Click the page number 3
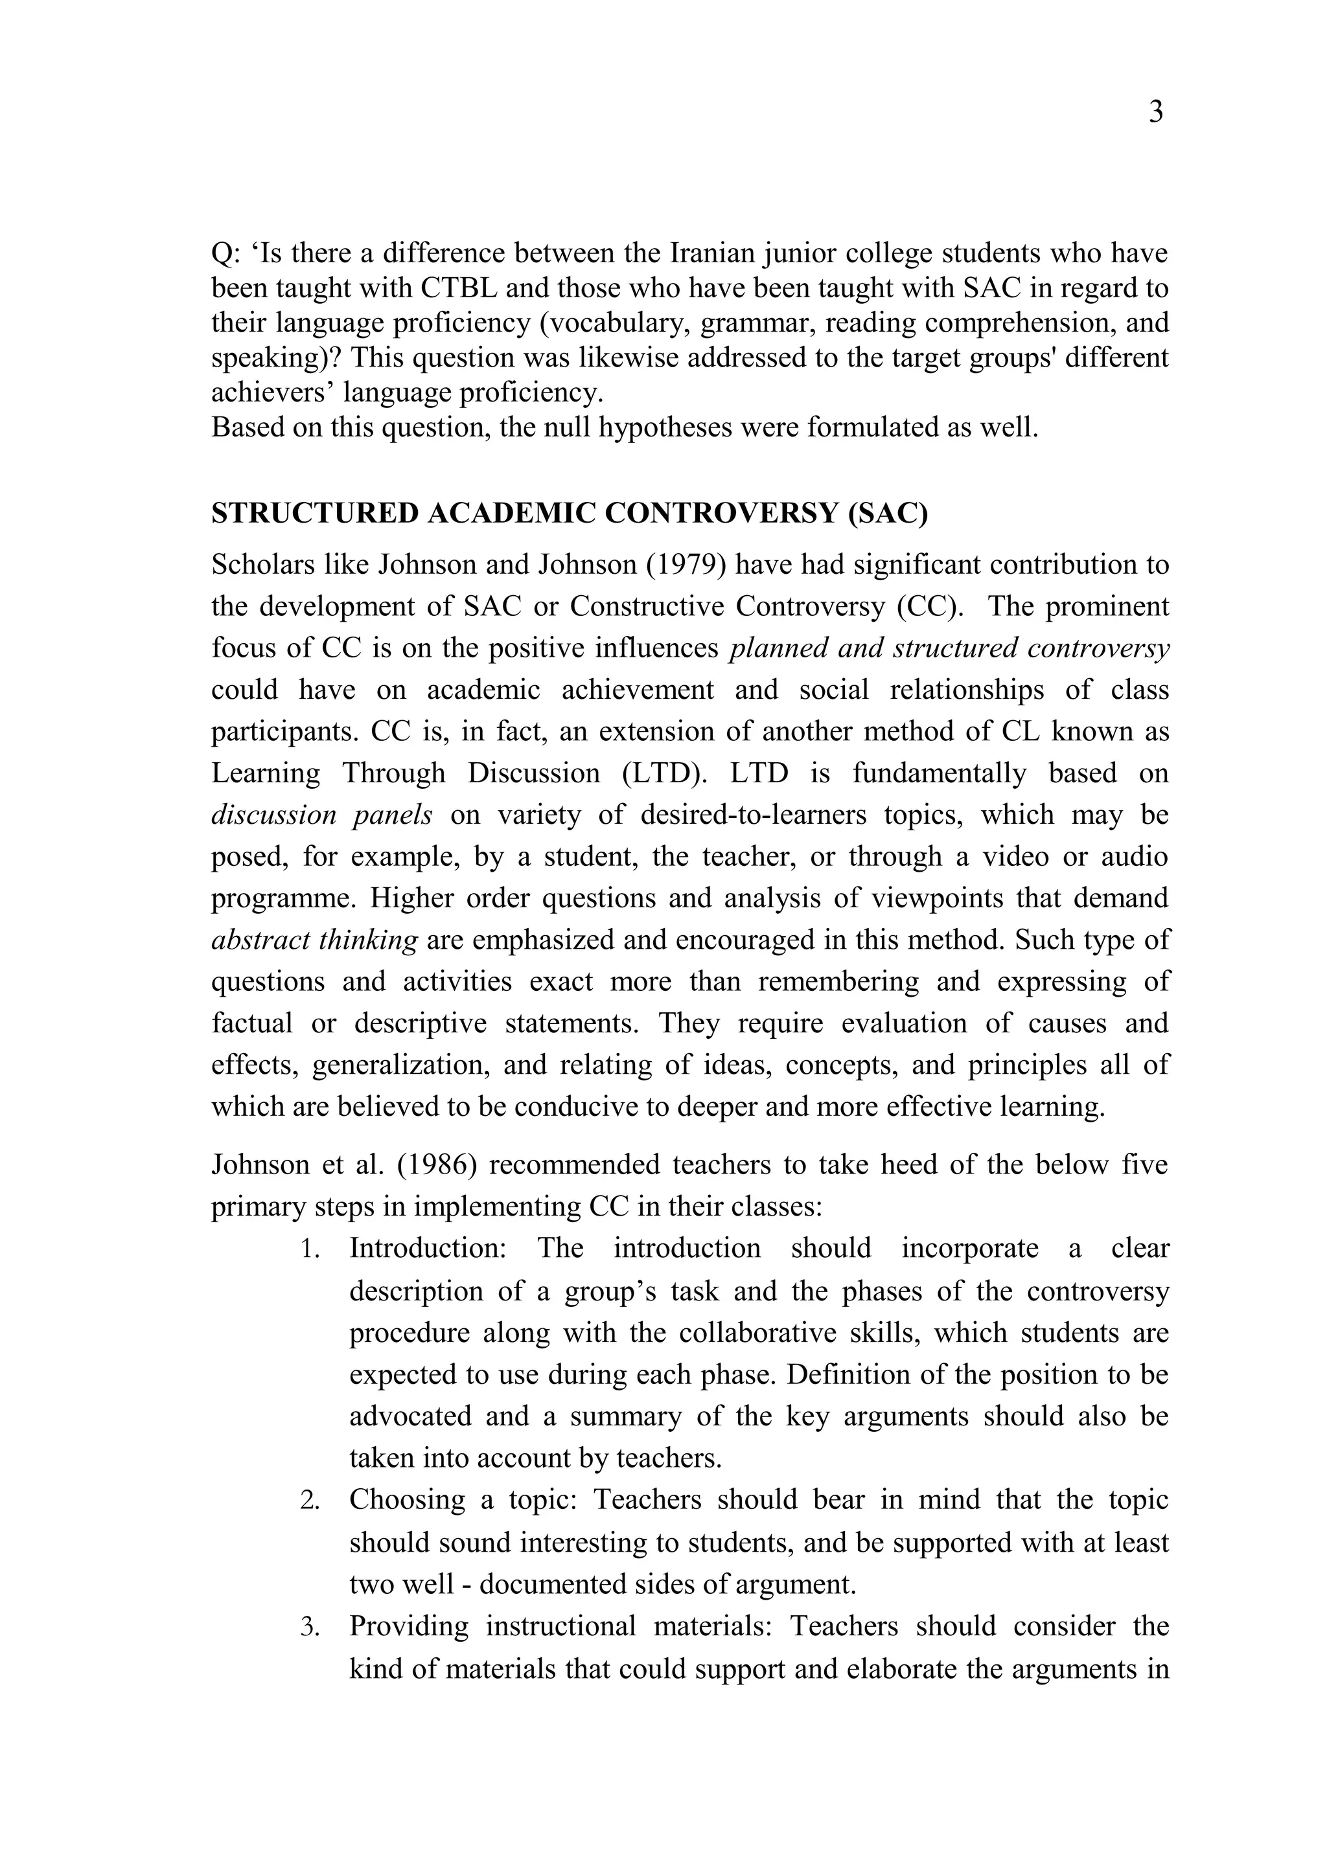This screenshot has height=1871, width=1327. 1155,112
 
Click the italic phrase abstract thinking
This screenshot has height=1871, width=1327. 315,940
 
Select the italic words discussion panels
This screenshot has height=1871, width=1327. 321,815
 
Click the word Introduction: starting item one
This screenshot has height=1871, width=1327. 429,1249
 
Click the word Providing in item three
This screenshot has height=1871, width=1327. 409,1626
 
